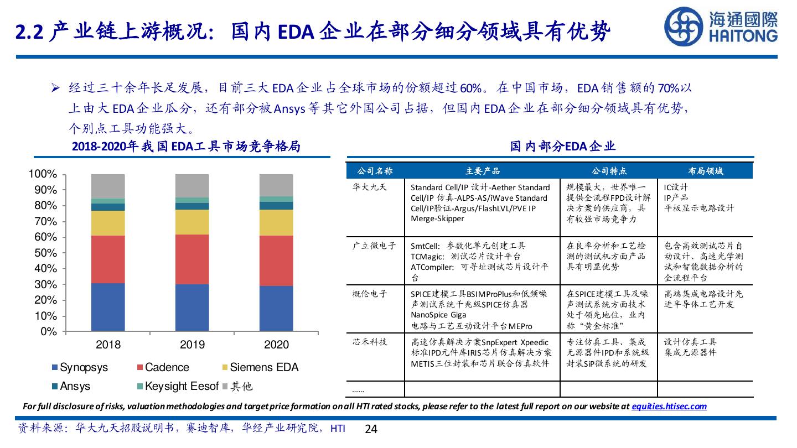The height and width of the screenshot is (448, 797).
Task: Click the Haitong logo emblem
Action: pos(684,26)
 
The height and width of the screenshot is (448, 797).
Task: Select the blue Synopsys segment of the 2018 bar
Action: pos(108,307)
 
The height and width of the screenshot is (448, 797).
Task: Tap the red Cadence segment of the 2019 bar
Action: pos(192,259)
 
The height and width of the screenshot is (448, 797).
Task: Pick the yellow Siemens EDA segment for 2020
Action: pos(276,222)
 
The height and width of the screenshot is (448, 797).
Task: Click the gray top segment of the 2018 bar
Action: pos(108,186)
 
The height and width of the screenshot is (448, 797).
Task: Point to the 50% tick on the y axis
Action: pos(43,253)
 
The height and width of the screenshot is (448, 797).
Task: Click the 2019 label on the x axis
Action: pos(192,345)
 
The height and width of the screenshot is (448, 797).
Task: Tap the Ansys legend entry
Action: pos(70,386)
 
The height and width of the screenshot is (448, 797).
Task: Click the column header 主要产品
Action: pos(482,171)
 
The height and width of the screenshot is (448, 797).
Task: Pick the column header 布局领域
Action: pos(705,171)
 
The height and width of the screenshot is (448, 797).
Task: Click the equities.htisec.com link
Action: pos(669,406)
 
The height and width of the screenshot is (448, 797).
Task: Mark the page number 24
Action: pos(371,429)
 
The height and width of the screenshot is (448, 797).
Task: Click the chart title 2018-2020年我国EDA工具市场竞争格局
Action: pos(186,147)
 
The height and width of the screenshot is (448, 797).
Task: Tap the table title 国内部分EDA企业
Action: pos(562,146)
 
